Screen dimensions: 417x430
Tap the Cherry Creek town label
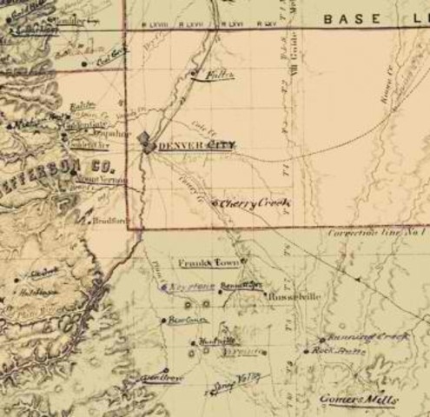click(x=254, y=202)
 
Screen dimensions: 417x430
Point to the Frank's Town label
click(x=208, y=261)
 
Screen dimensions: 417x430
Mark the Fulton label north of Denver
click(x=212, y=76)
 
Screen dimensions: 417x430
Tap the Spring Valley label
click(x=236, y=376)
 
